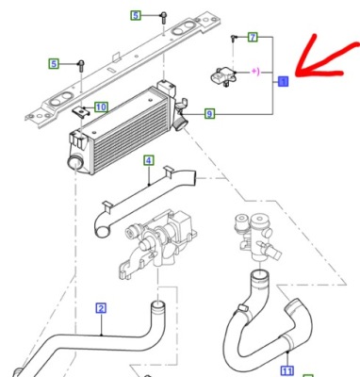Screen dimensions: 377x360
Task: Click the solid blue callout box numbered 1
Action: [x=282, y=82]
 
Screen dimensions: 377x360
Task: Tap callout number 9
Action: [x=209, y=114]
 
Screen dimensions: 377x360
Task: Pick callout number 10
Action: [x=101, y=107]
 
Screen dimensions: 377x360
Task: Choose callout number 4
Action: [x=148, y=161]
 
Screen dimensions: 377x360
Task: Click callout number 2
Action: [x=101, y=306]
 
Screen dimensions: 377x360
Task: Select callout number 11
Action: [x=287, y=369]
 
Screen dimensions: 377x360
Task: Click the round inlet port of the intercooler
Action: [x=71, y=164]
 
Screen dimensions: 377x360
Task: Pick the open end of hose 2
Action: [x=159, y=304]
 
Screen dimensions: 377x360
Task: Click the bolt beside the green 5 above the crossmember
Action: [x=163, y=17]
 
